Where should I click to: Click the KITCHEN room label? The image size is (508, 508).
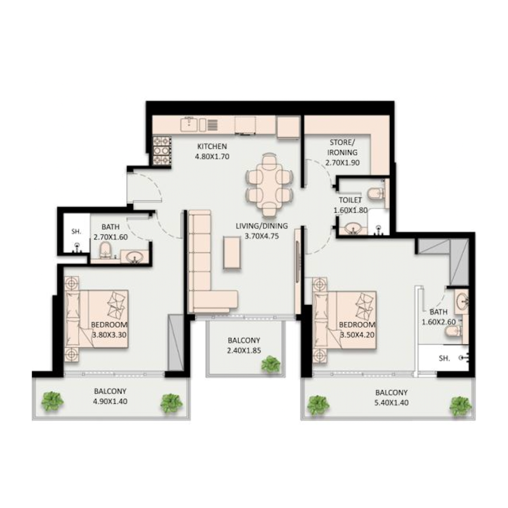[211, 146]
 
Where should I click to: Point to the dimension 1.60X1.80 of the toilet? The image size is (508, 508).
[351, 210]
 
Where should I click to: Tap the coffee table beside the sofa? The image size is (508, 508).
[232, 253]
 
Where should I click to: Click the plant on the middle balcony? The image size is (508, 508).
[271, 364]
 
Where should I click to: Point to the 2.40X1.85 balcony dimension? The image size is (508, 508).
[244, 350]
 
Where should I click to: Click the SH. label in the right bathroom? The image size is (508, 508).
[444, 359]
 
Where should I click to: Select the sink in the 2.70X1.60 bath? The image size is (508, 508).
[134, 257]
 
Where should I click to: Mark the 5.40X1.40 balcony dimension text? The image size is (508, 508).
[391, 403]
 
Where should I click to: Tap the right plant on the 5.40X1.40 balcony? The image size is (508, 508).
[460, 405]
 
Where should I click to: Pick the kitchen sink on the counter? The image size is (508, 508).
[189, 124]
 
